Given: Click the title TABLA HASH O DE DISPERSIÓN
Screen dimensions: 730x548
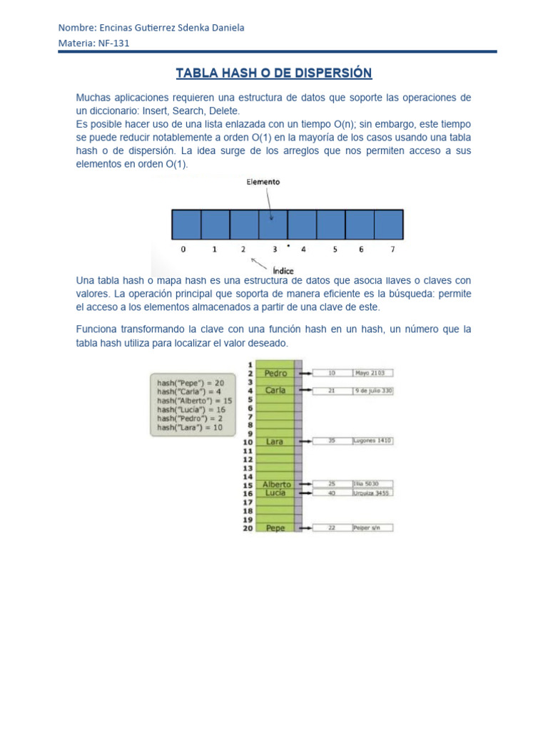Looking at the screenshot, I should (274, 73).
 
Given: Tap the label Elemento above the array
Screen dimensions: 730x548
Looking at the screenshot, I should (263, 182).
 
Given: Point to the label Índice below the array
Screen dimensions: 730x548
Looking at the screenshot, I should (283, 271).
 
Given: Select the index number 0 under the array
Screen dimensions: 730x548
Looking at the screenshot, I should (183, 250).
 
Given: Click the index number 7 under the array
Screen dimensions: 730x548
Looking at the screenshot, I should (392, 250).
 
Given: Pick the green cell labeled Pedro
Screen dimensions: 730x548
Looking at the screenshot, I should (275, 373).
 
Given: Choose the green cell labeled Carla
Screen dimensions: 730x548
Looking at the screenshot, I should (275, 391).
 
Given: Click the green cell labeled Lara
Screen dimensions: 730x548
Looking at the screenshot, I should (275, 442).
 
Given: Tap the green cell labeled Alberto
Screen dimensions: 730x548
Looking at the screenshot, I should (275, 484).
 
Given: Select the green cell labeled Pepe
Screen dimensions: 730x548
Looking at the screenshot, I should (275, 528).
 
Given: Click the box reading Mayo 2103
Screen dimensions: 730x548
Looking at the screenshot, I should (372, 373).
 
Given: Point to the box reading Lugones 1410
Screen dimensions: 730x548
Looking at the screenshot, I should (372, 441).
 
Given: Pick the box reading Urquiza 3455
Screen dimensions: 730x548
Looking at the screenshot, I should (372, 493).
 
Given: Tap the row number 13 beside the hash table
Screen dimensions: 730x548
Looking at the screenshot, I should (248, 468).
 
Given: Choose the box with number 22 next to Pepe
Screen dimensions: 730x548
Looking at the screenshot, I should (331, 528).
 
